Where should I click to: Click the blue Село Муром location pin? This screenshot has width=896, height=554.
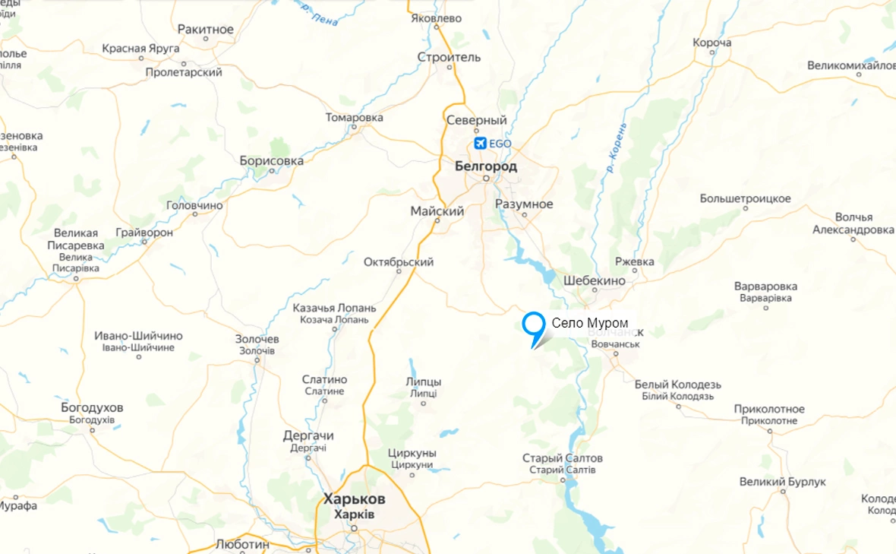point(534,324)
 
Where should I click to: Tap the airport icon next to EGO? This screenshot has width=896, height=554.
point(480,143)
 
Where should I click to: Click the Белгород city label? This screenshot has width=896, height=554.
point(486,166)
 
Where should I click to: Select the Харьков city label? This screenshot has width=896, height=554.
point(354,499)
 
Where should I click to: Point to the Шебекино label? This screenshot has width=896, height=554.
point(595,280)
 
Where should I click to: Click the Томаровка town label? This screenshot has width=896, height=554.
point(354,118)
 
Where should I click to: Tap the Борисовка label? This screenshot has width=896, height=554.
point(271,161)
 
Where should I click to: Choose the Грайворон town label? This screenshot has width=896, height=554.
point(144,233)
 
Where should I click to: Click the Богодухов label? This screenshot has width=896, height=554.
point(92,408)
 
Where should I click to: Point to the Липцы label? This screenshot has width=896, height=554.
point(423,381)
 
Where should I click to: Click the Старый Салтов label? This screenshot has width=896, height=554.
point(563,458)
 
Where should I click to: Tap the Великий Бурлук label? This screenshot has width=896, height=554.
point(783,482)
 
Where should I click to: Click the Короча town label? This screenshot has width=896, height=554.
point(712,43)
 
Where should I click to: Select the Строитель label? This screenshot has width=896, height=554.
point(449,57)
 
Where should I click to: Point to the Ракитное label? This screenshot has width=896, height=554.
point(205,30)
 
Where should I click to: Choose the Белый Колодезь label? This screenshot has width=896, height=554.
point(678,385)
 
